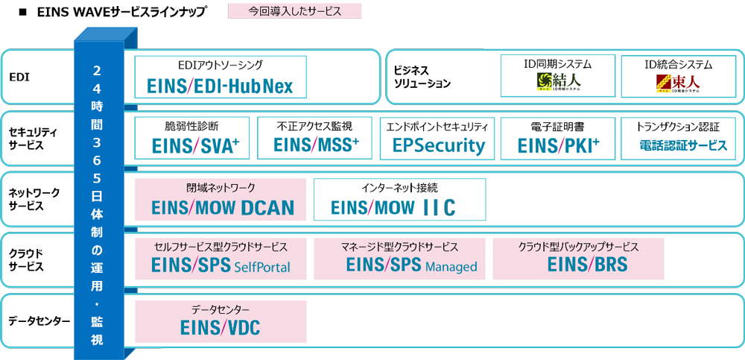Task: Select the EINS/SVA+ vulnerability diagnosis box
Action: [192, 138]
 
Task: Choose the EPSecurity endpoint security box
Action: [437, 138]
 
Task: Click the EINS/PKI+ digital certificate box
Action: [559, 138]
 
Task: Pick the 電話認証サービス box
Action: [678, 138]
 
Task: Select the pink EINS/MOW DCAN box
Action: [220, 199]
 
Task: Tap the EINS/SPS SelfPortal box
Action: [220, 259]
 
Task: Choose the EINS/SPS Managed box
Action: [399, 259]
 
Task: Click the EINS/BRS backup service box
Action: [577, 259]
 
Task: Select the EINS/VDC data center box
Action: [220, 320]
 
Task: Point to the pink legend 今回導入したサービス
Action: [294, 11]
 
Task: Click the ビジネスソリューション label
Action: [422, 77]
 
